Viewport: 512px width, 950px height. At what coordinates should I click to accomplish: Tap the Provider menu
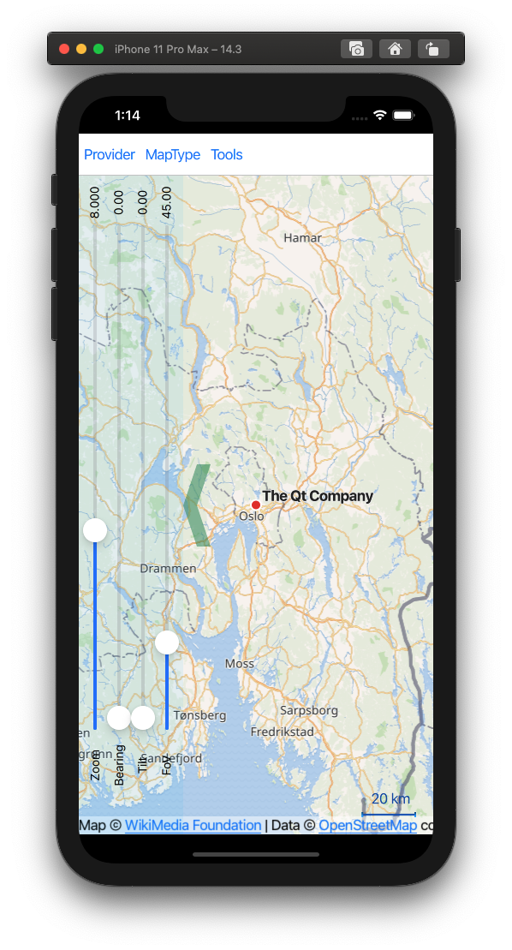click(110, 155)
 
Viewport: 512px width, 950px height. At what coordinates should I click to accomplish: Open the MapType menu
click(173, 155)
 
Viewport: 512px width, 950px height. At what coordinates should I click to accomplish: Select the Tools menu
click(227, 155)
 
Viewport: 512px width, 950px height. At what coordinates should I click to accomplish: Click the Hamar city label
click(303, 238)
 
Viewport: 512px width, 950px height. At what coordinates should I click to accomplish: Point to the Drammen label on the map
click(168, 569)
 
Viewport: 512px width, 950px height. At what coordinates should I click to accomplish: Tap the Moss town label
click(240, 664)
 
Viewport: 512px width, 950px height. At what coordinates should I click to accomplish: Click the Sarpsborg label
click(309, 710)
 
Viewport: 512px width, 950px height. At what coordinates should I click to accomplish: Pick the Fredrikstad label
click(283, 732)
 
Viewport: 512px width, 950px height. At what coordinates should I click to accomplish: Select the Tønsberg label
click(199, 714)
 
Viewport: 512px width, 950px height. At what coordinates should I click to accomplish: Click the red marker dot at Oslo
click(255, 505)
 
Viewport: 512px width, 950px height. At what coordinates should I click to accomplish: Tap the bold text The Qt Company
click(318, 496)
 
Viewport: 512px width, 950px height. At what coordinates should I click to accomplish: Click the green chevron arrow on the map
click(196, 505)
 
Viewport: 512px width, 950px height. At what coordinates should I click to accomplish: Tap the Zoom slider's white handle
click(95, 530)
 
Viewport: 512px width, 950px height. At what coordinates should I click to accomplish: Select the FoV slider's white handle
click(167, 642)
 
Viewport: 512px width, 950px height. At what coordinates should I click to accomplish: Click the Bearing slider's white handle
click(119, 718)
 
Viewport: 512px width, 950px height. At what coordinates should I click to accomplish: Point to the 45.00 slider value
click(167, 202)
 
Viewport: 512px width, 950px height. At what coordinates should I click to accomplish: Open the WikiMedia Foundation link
click(193, 826)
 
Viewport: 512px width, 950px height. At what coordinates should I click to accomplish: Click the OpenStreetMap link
click(367, 826)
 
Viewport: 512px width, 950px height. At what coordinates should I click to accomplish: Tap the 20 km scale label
click(390, 799)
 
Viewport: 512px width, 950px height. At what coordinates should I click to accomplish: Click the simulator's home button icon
click(395, 49)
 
